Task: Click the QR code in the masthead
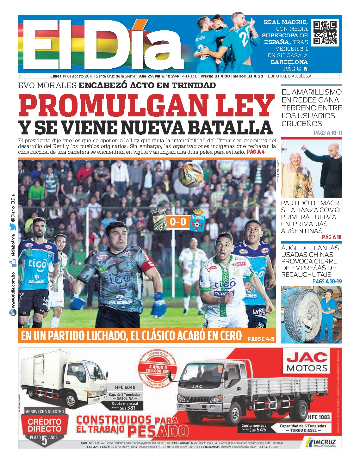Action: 325,33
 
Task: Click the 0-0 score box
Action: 178,222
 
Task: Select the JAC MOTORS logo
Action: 307,362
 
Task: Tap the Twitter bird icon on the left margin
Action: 12,226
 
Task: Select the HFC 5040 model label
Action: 125,387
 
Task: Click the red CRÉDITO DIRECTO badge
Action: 45,425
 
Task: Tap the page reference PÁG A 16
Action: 332,237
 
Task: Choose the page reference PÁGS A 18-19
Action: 327,281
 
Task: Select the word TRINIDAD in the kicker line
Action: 194,85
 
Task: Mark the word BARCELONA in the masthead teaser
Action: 289,62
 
